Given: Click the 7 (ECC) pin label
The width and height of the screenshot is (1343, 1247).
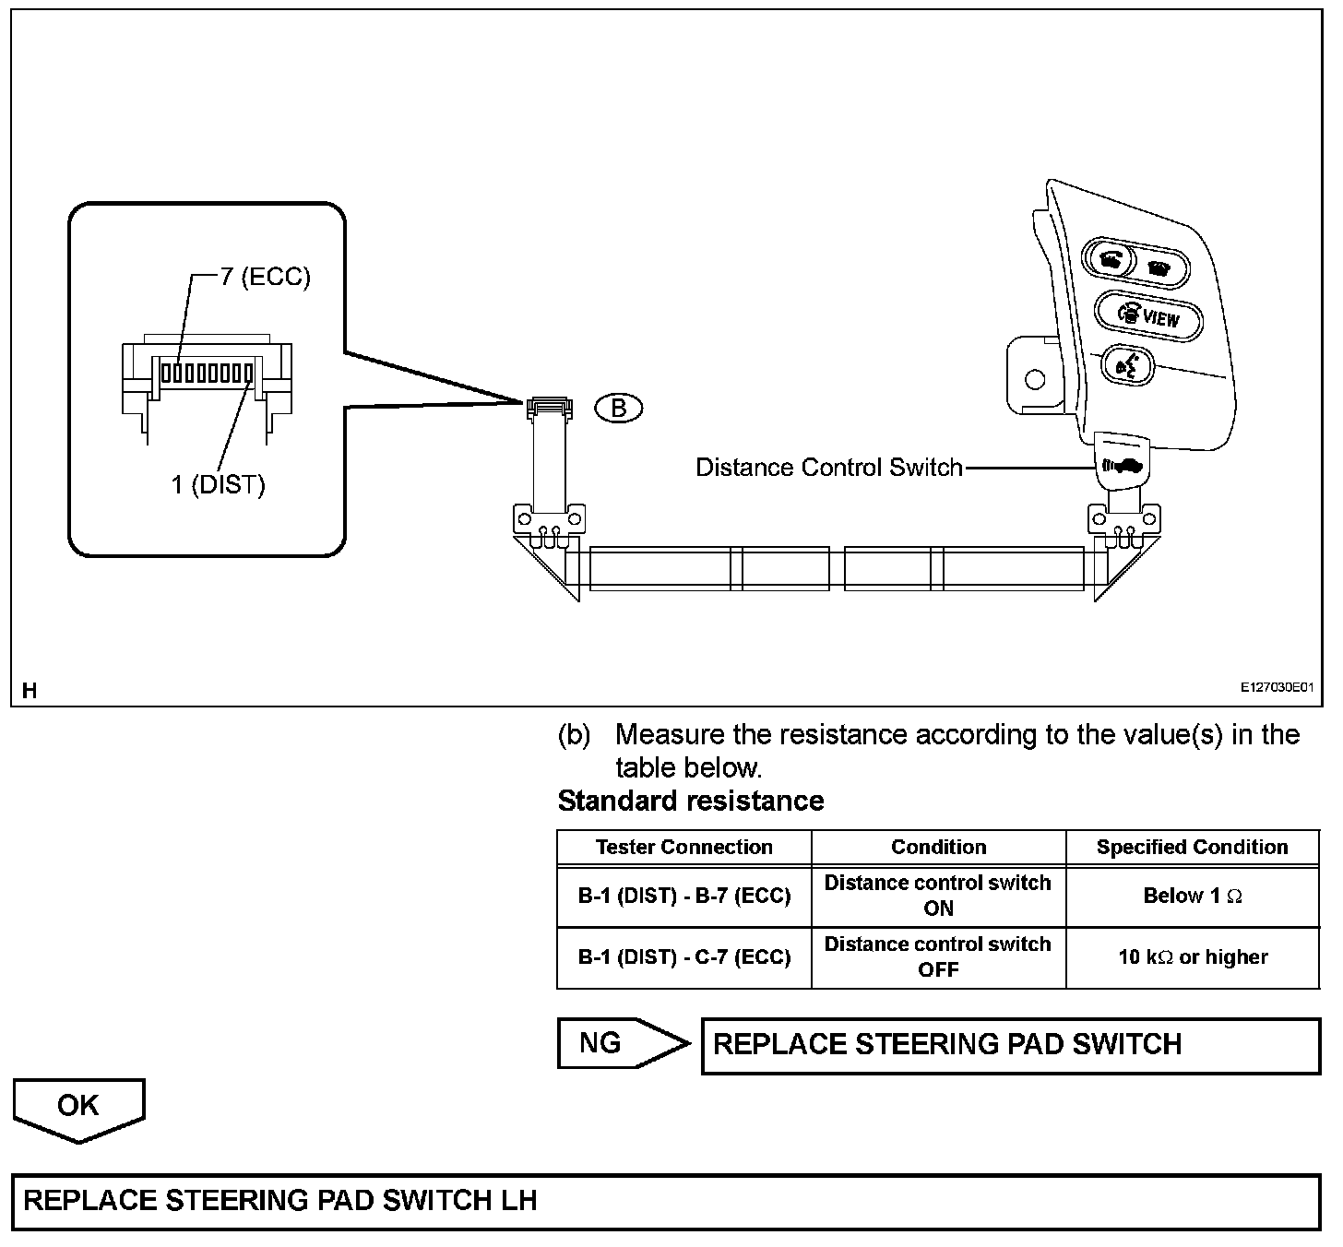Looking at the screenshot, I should pyautogui.click(x=265, y=277).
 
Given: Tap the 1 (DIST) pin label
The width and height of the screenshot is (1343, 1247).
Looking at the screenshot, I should pyautogui.click(x=218, y=484).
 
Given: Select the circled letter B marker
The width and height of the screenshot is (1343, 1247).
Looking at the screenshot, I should pyautogui.click(x=619, y=408).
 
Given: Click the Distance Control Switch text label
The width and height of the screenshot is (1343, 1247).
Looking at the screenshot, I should pyautogui.click(x=828, y=468).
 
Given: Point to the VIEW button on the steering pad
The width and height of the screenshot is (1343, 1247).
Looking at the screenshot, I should pyautogui.click(x=1149, y=316).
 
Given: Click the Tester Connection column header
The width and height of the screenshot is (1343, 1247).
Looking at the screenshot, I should pyautogui.click(x=683, y=847).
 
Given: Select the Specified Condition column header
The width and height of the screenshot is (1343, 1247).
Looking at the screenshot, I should pyautogui.click(x=1192, y=847).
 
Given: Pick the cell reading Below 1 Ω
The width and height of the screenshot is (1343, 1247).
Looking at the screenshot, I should pyautogui.click(x=1192, y=896).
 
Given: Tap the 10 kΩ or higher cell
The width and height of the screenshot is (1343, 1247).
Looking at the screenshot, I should pyautogui.click(x=1192, y=957).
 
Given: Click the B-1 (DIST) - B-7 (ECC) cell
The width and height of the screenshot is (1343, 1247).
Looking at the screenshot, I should pyautogui.click(x=683, y=896).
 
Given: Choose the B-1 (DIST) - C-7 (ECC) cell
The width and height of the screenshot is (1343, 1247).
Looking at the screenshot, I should pyautogui.click(x=683, y=957).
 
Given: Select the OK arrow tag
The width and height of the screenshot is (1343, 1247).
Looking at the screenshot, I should pyautogui.click(x=78, y=1108).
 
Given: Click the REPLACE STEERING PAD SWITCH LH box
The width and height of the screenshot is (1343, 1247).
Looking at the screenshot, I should pyautogui.click(x=666, y=1201).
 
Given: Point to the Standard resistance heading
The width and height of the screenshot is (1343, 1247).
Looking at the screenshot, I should pyautogui.click(x=690, y=801).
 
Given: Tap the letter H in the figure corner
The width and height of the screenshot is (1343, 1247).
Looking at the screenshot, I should pyautogui.click(x=30, y=690).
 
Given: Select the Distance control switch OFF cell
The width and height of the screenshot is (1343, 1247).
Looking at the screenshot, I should pyautogui.click(x=938, y=957).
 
